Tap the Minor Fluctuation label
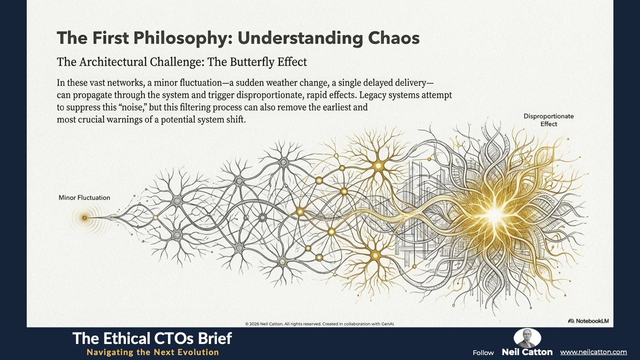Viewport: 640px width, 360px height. pyautogui.click(x=84, y=198)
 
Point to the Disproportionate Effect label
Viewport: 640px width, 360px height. pyautogui.click(x=548, y=120)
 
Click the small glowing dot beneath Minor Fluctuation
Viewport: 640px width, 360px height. pyautogui.click(x=84, y=218)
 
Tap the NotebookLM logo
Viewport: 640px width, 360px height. pyautogui.click(x=588, y=321)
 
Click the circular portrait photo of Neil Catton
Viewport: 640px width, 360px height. pyautogui.click(x=527, y=338)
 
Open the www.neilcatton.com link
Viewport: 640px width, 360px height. pyautogui.click(x=593, y=352)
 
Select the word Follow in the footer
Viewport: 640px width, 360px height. pyautogui.click(x=483, y=353)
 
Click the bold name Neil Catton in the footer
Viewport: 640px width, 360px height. pyautogui.click(x=527, y=352)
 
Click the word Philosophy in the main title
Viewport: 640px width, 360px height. pyautogui.click(x=180, y=38)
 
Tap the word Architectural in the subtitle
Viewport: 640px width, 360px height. pyautogui.click(x=113, y=62)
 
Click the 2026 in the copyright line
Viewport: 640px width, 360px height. pyautogui.click(x=254, y=324)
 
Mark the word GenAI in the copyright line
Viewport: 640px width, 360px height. pyautogui.click(x=388, y=324)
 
